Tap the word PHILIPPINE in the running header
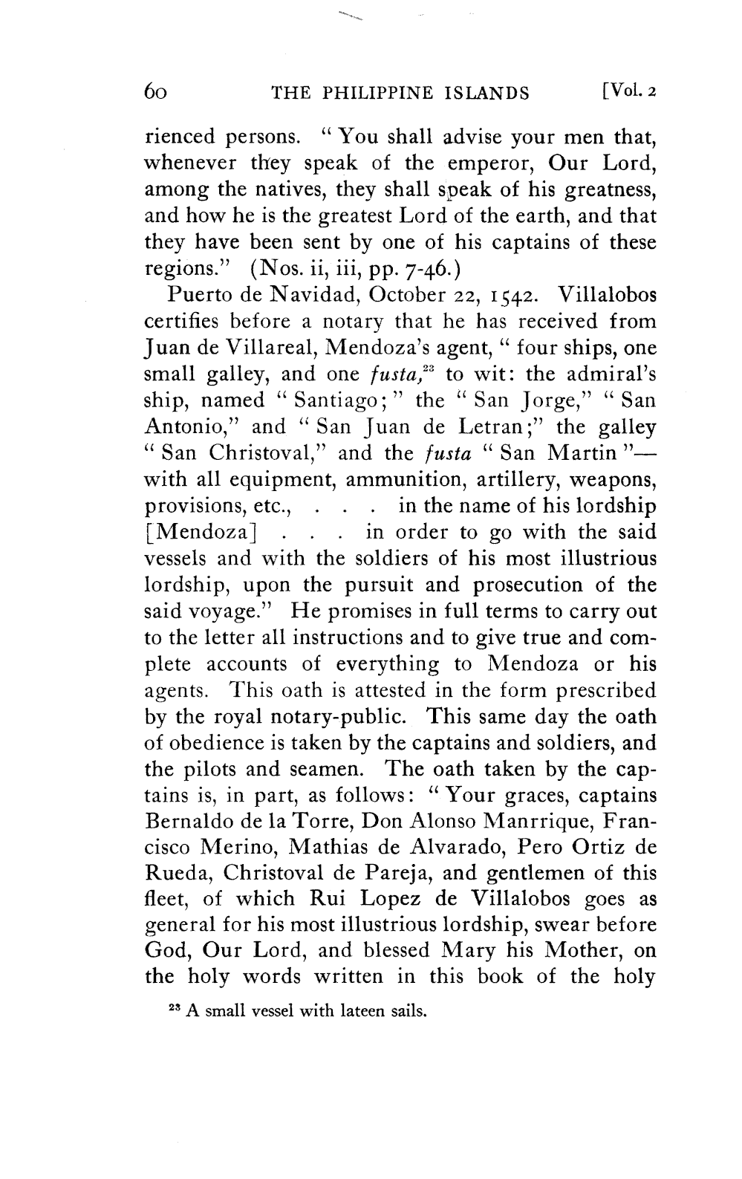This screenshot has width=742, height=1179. point(385,93)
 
